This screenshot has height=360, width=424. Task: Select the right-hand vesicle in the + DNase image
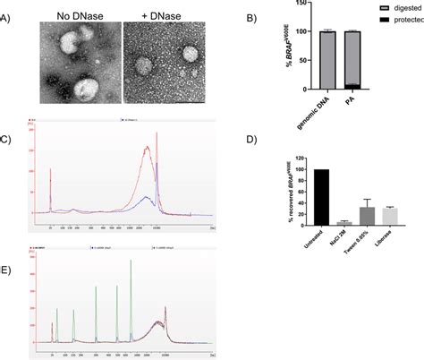click(x=190, y=55)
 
